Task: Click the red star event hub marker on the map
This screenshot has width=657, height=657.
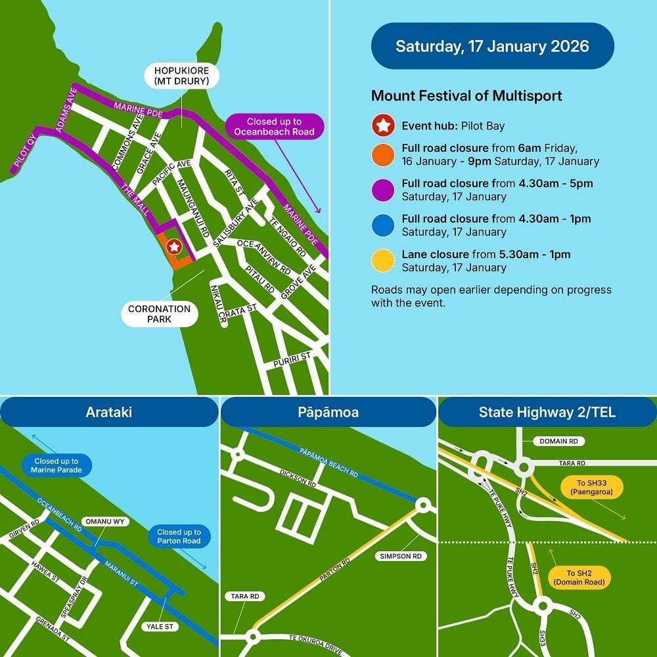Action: [173, 247]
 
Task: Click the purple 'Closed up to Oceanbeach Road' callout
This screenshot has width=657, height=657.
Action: [274, 127]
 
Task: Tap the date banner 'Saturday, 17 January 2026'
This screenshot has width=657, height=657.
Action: [492, 46]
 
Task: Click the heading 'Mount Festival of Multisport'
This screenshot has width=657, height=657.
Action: [466, 96]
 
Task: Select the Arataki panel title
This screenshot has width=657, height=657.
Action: [108, 413]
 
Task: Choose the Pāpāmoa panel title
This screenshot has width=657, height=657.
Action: [328, 413]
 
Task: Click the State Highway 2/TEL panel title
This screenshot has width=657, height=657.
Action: [547, 413]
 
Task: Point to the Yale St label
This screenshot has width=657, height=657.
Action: [160, 627]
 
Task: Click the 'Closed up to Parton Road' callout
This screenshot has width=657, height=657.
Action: [179, 537]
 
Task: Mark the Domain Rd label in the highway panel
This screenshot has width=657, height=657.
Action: [558, 442]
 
